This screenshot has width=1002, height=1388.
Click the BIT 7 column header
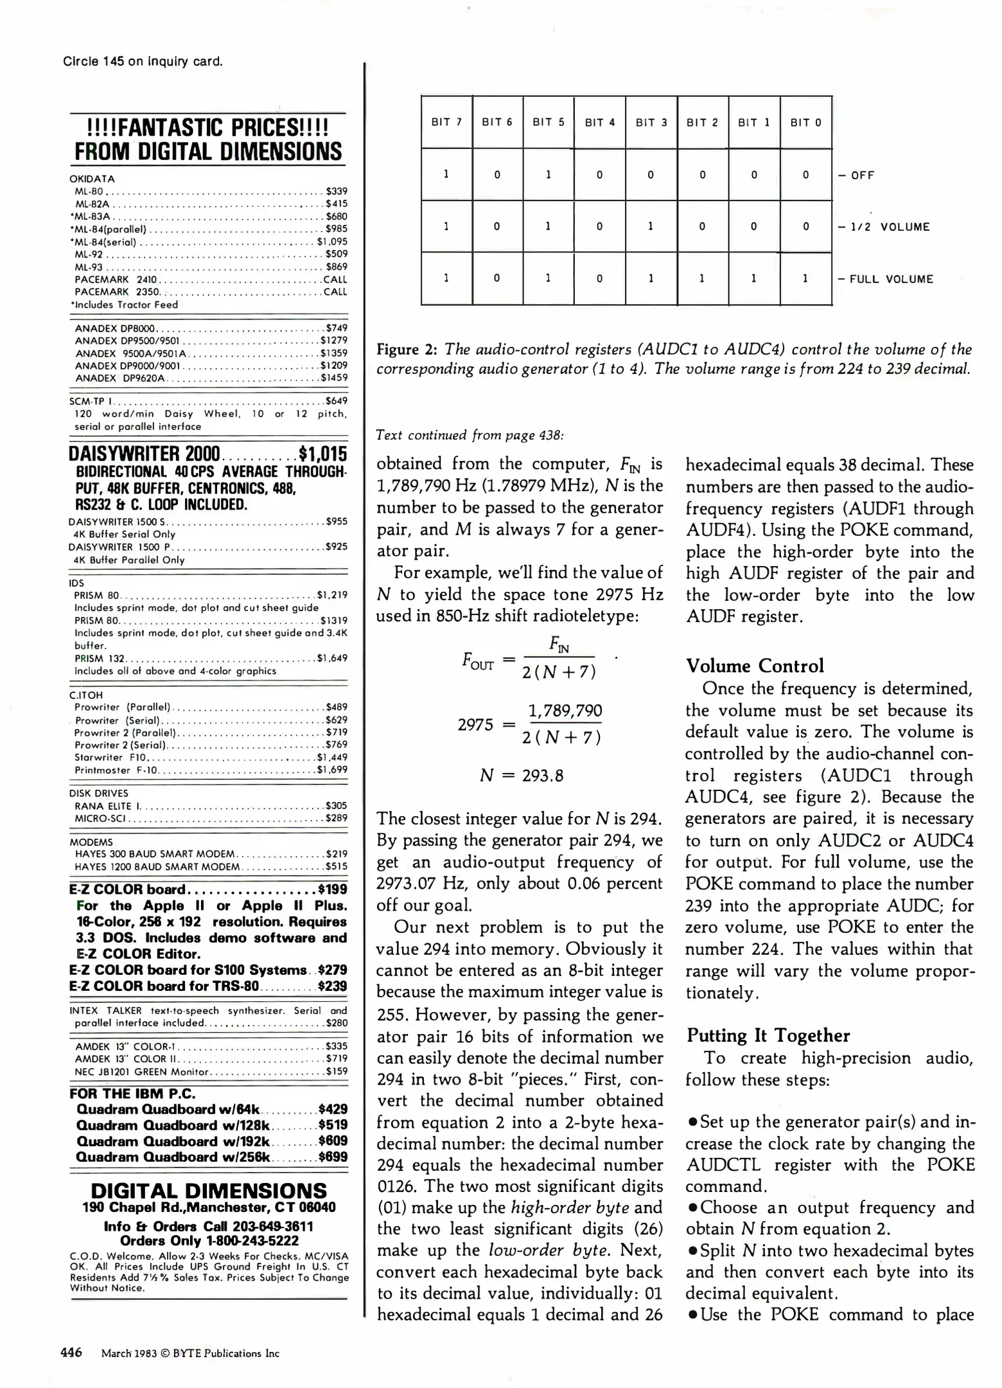(x=446, y=122)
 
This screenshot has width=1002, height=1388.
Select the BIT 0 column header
(x=805, y=123)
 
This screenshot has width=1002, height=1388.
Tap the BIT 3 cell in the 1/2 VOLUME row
(x=651, y=226)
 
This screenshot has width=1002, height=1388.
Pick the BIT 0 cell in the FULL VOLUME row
(x=805, y=278)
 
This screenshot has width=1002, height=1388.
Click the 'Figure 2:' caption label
(x=407, y=350)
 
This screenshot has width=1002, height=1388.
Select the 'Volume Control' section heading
(x=755, y=666)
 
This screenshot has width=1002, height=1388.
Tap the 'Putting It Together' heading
(x=768, y=1035)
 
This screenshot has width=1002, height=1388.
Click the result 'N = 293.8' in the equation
(x=522, y=776)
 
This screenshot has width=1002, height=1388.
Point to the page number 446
(x=71, y=1352)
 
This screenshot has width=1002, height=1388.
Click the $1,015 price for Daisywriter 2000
(x=323, y=454)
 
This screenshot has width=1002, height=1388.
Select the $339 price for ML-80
(x=337, y=191)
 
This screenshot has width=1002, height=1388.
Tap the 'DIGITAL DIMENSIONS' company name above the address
(x=209, y=1191)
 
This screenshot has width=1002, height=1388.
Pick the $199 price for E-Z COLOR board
(x=333, y=889)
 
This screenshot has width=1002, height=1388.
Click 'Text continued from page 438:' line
(x=470, y=435)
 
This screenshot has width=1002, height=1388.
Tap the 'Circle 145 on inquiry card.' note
(x=143, y=62)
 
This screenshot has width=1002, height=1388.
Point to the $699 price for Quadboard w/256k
(x=333, y=1157)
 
